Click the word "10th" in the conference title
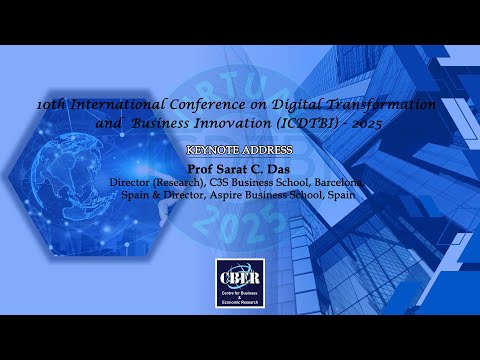(x=48, y=105)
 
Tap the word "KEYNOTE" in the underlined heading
(x=214, y=150)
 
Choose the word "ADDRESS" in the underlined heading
(x=267, y=150)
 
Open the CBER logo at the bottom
(x=240, y=279)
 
